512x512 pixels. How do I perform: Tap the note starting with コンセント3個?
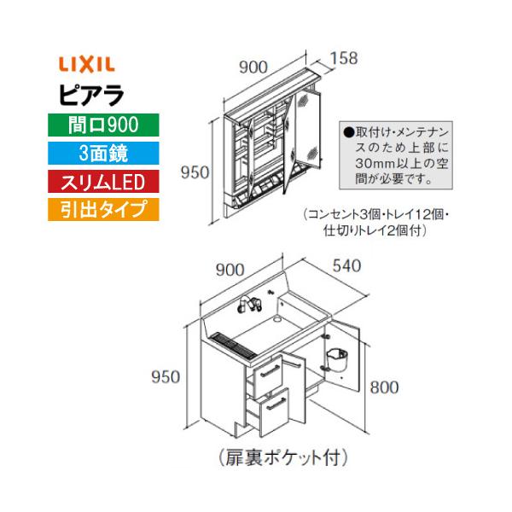(x=368, y=224)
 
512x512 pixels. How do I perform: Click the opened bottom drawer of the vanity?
(x=270, y=412)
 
